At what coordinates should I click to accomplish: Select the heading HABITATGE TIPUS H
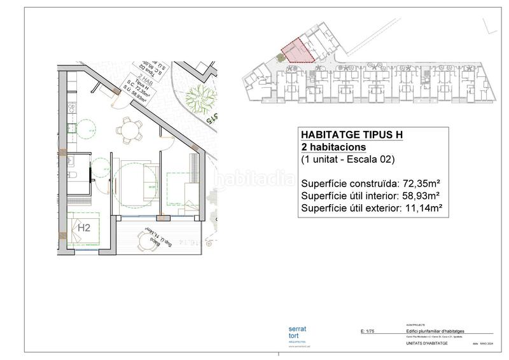(350, 135)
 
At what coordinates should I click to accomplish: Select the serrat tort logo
(298, 333)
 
